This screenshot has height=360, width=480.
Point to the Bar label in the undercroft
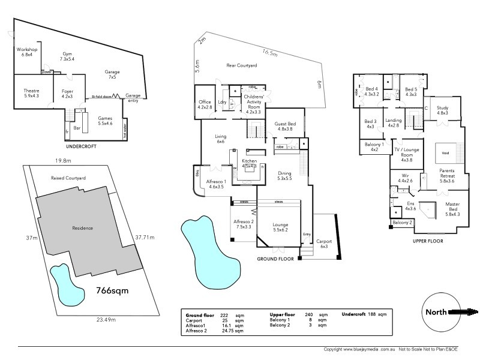point(76,128)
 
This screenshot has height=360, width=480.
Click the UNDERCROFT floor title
point(80,146)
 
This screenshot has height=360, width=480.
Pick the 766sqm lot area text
point(113,290)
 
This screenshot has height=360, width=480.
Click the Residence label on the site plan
point(82,228)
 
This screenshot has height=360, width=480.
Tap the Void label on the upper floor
point(445,152)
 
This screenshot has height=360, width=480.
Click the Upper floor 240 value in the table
point(308,314)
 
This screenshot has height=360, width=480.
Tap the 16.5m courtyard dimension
point(271,53)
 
